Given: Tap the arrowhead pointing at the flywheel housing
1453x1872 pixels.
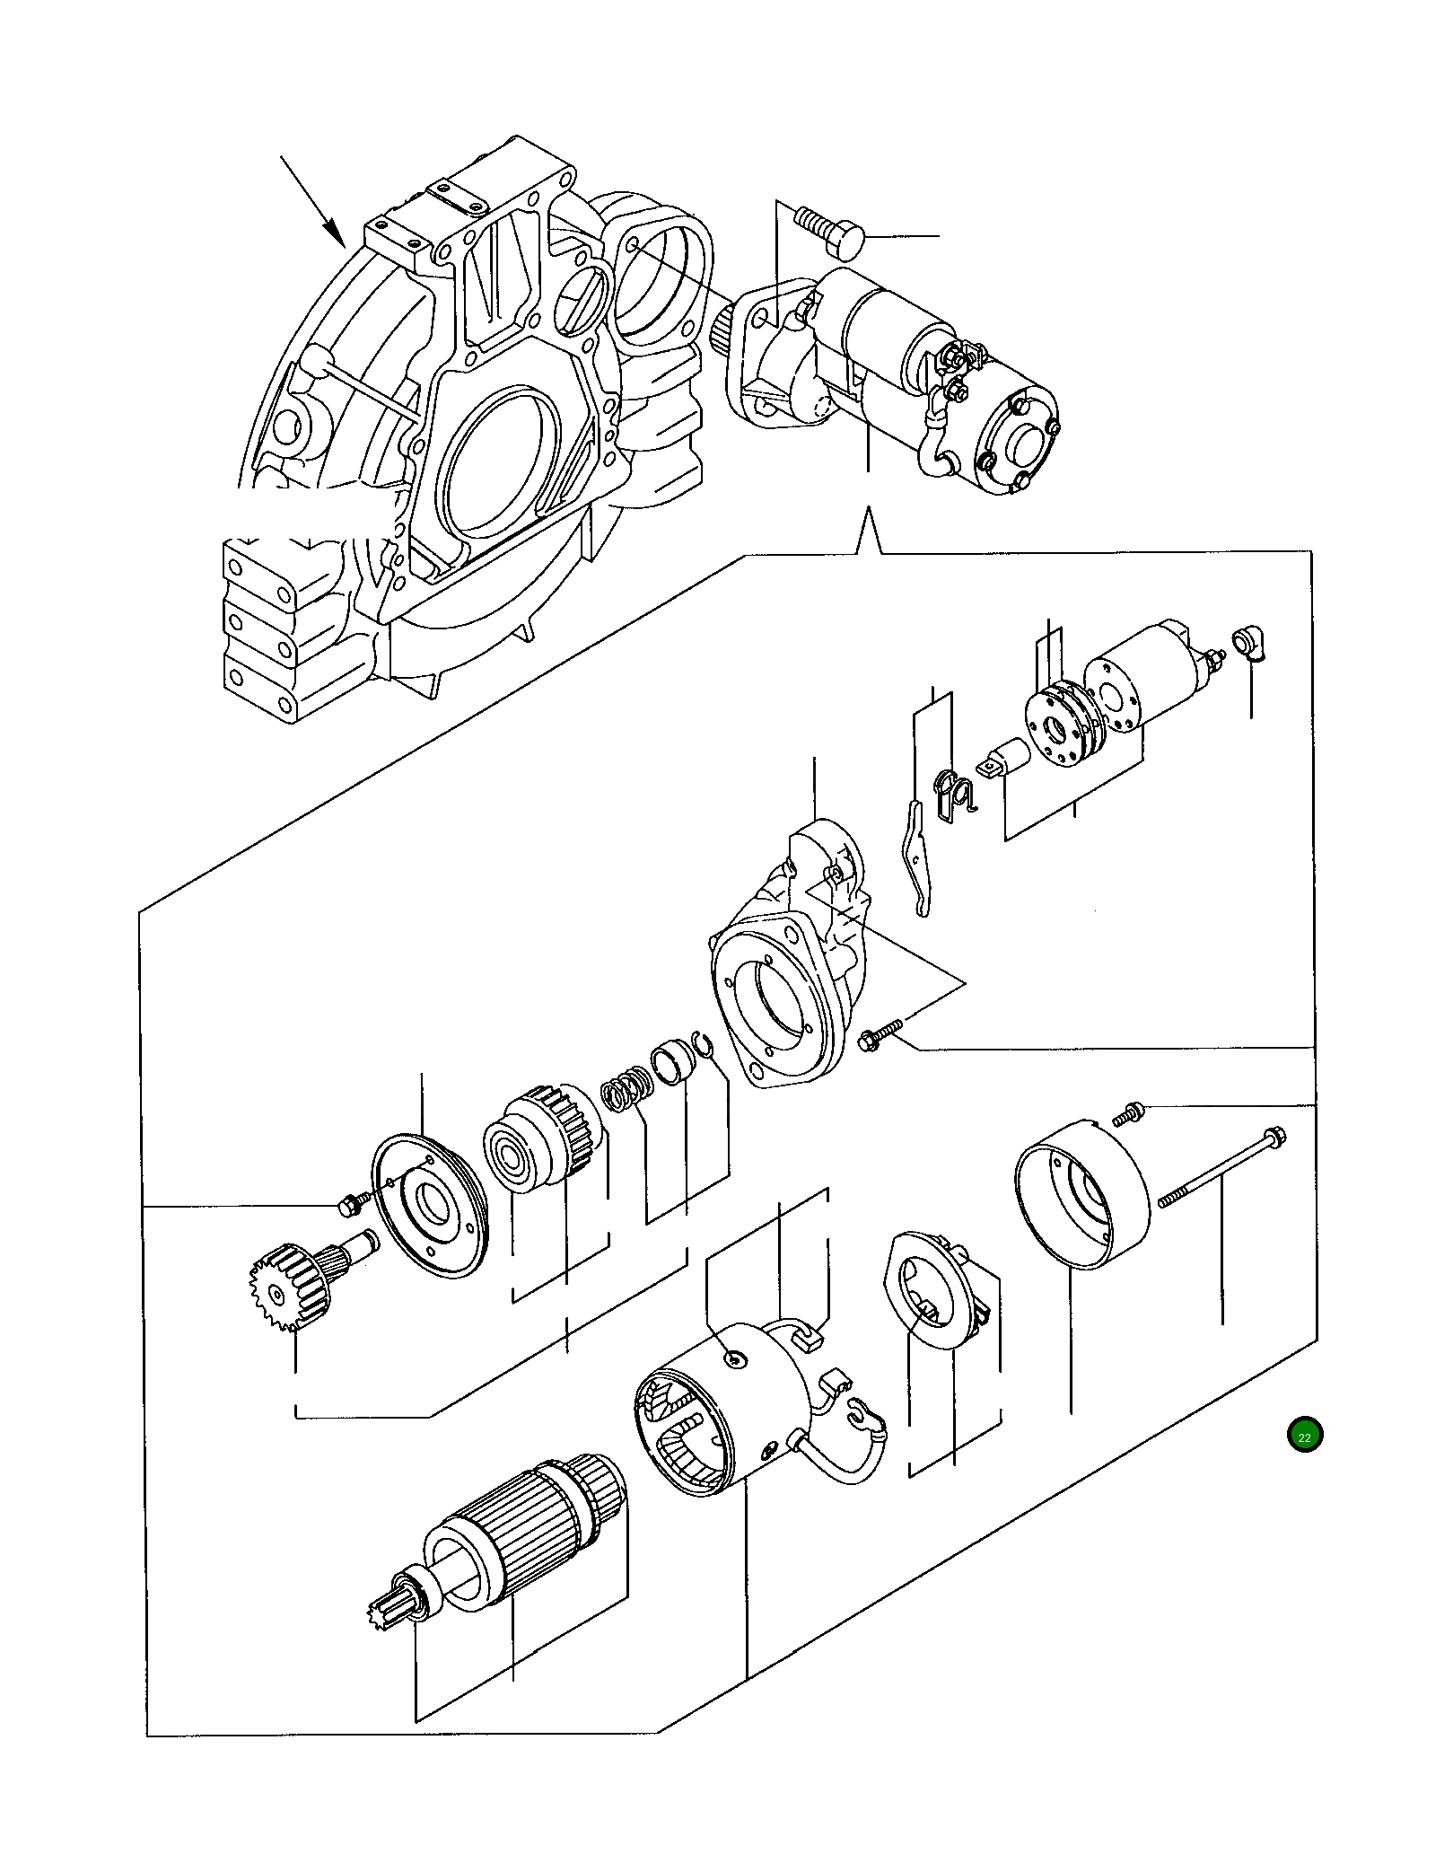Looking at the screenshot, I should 334,235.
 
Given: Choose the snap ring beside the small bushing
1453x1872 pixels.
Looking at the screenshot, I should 705,1045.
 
